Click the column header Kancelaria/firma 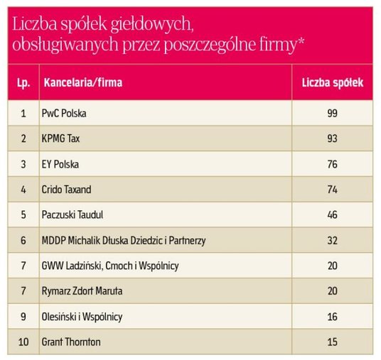pyautogui.click(x=82, y=83)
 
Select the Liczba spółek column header pyautogui.click(x=332, y=83)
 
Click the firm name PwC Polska pyautogui.click(x=65, y=113)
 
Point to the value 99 pyautogui.click(x=332, y=113)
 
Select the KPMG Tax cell pyautogui.click(x=61, y=138)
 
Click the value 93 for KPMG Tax pyautogui.click(x=332, y=138)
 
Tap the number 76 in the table pyautogui.click(x=332, y=164)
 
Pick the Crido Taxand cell pyautogui.click(x=67, y=190)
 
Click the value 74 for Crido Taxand pyautogui.click(x=332, y=190)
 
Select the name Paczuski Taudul pyautogui.click(x=73, y=215)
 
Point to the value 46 pyautogui.click(x=332, y=215)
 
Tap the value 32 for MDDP pyautogui.click(x=332, y=241)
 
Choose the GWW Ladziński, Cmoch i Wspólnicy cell pyautogui.click(x=110, y=266)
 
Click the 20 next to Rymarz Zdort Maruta pyautogui.click(x=332, y=291)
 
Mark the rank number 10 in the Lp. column pyautogui.click(x=23, y=342)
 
